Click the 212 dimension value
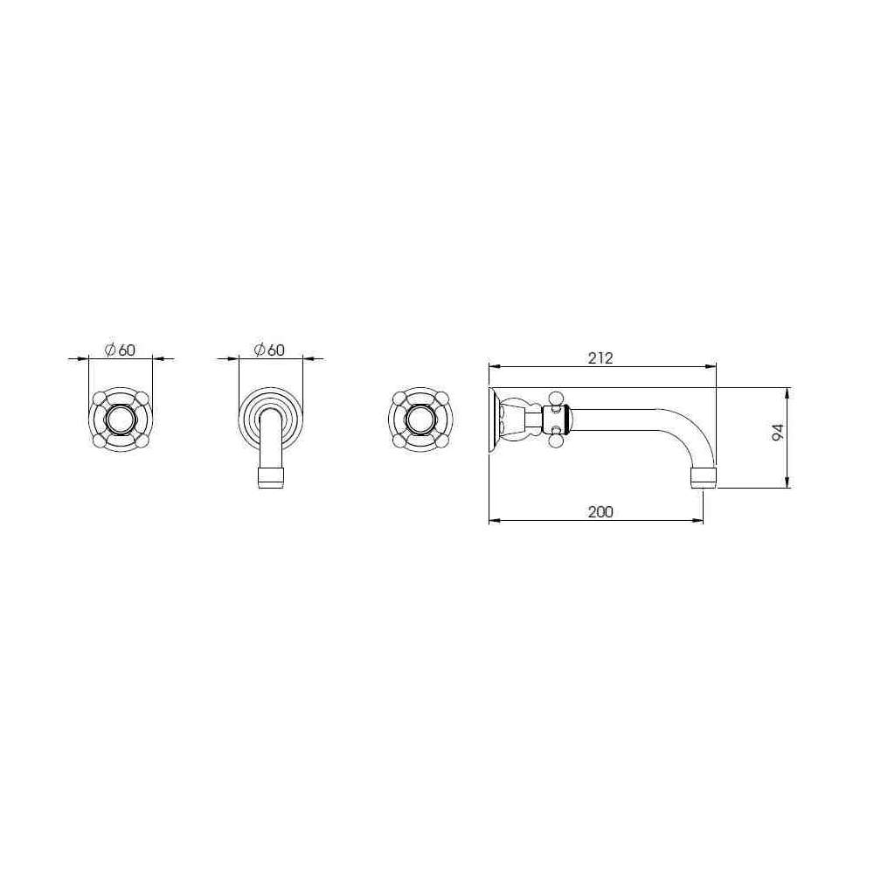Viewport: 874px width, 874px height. [x=600, y=357]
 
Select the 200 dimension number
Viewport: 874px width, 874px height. [x=600, y=511]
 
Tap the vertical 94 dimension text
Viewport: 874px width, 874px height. [x=778, y=433]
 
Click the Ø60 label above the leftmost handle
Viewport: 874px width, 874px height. [x=120, y=350]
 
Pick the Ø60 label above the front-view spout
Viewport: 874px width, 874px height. [x=269, y=350]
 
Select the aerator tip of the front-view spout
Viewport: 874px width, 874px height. [x=272, y=478]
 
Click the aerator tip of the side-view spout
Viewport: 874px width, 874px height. [x=704, y=478]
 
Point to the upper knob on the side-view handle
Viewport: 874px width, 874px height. [x=556, y=398]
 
